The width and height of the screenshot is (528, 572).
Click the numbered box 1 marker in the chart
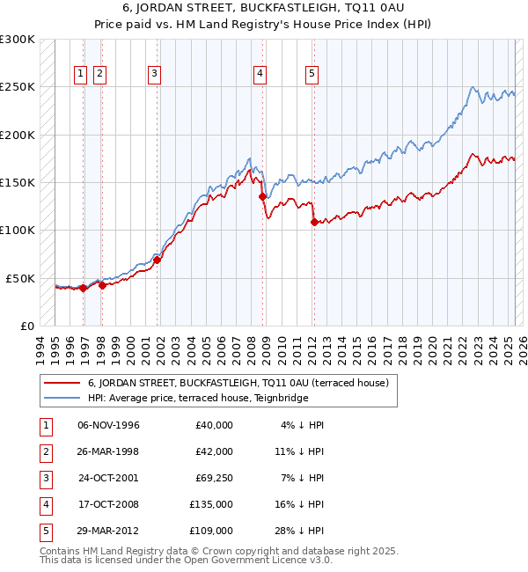point(81,75)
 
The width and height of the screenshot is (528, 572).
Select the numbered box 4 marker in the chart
point(260,75)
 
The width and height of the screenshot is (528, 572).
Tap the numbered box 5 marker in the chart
point(312,75)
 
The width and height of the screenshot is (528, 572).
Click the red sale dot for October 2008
point(262,197)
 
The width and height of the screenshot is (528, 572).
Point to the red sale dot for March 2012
point(314,222)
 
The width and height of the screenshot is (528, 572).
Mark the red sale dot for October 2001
point(158,260)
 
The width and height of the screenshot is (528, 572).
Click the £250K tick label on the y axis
point(18,87)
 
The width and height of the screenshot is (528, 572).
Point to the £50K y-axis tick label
point(20,278)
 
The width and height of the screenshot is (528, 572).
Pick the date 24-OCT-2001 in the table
point(108,477)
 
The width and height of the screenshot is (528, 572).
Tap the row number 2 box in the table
point(44,451)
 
